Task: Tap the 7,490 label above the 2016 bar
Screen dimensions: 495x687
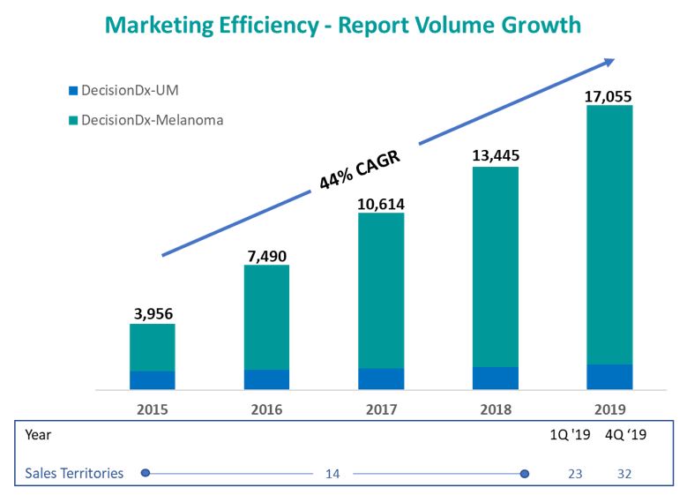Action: pos(266,256)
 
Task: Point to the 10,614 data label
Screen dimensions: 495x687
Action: pos(381,204)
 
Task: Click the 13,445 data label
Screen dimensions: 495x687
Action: pos(495,156)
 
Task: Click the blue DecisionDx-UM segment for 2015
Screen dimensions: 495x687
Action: pos(153,379)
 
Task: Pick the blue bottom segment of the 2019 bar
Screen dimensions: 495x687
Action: pos(609,376)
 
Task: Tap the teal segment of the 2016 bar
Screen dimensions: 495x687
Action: pos(266,317)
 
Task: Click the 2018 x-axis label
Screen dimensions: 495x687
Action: pos(495,409)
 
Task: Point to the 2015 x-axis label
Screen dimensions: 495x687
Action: pos(153,409)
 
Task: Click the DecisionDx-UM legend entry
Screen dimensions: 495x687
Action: pos(129,90)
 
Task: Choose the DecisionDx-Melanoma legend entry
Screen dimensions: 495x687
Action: pos(146,120)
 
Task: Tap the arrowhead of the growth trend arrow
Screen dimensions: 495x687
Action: pos(609,61)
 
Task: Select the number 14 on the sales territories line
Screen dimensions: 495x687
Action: pos(332,474)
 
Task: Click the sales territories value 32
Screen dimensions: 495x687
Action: pos(624,474)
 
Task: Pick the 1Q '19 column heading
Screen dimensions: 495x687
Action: pos(570,435)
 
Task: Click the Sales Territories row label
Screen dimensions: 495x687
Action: pos(74,473)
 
